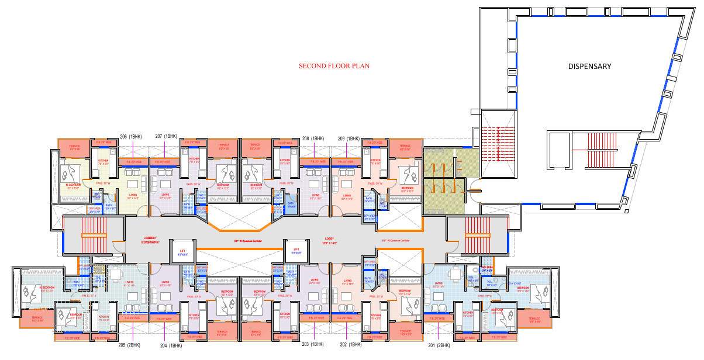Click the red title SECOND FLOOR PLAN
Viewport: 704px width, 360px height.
pyautogui.click(x=334, y=66)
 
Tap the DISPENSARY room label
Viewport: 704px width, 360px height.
pyautogui.click(x=589, y=66)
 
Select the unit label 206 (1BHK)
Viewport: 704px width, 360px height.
pyautogui.click(x=131, y=136)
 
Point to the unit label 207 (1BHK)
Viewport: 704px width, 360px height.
pyautogui.click(x=166, y=136)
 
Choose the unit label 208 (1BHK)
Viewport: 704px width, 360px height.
pyautogui.click(x=313, y=138)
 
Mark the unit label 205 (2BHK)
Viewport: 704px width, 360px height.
pyautogui.click(x=130, y=345)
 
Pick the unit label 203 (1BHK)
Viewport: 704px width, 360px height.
pyautogui.click(x=313, y=345)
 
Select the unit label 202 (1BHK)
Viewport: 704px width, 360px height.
pyautogui.click(x=350, y=345)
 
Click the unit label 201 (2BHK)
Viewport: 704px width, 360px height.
pyautogui.click(x=439, y=345)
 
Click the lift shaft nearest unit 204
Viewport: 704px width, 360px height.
pyautogui.click(x=182, y=251)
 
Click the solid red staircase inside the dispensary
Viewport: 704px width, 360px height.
pyautogui.click(x=602, y=149)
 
